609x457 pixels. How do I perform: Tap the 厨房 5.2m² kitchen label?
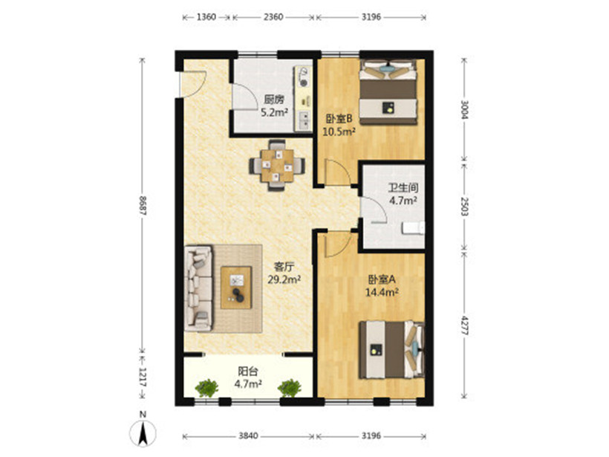tap(274, 106)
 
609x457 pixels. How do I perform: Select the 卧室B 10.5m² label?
tap(339, 125)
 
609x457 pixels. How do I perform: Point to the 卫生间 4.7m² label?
tap(403, 194)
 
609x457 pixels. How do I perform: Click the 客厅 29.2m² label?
tap(284, 273)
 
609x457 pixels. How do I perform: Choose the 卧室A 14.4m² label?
tap(382, 285)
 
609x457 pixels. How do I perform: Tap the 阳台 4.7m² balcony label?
tap(248, 377)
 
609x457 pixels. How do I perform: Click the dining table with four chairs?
tap(277, 165)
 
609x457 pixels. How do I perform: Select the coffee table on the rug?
tap(236, 288)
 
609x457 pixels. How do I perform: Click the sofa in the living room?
tap(198, 288)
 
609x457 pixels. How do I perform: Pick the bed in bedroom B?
tap(388, 92)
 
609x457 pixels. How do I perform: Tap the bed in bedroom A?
tap(391, 349)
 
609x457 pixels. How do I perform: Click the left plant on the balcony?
tap(206, 388)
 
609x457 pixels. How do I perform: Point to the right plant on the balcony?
tap(290, 388)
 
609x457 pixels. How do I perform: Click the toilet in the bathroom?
tap(413, 228)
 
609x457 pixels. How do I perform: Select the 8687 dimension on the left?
tap(143, 205)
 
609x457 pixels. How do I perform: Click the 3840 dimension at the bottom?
tap(248, 435)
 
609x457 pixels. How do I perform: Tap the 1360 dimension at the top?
tap(206, 17)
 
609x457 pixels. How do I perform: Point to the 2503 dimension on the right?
tap(464, 207)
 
